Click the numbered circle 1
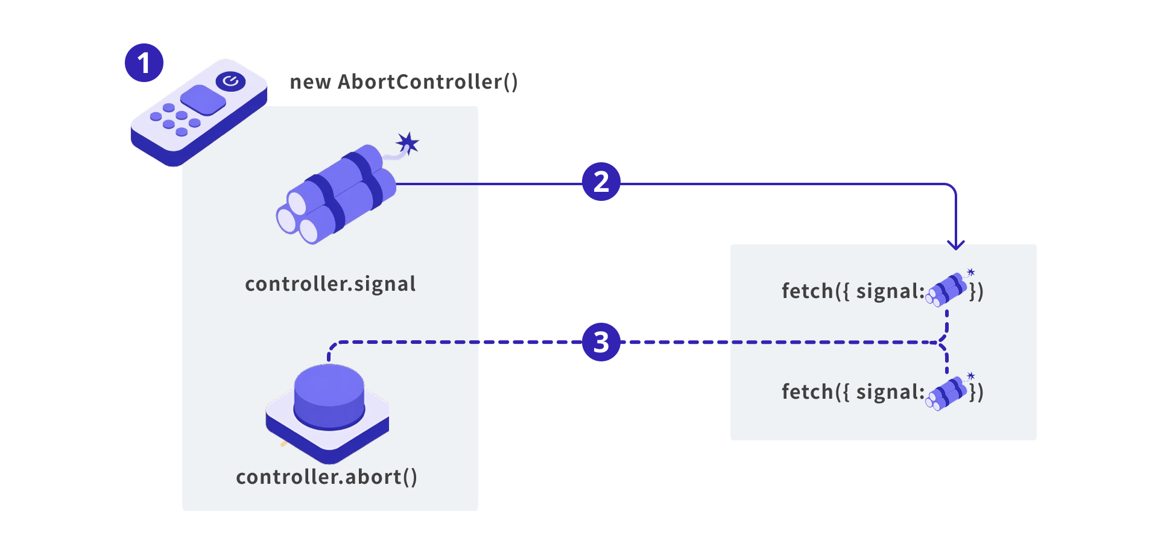tap(144, 63)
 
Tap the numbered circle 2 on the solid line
tap(601, 182)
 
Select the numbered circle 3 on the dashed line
tap(601, 342)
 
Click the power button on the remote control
tap(230, 81)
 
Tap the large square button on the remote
tap(203, 100)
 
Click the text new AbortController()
tap(403, 81)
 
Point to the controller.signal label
tap(330, 284)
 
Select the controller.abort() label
tap(326, 477)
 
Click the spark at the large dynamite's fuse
tap(408, 144)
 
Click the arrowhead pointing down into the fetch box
tap(956, 244)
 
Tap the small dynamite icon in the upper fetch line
tap(948, 290)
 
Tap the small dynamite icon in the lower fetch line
tap(948, 393)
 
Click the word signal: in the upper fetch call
tap(890, 291)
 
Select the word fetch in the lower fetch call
tap(807, 392)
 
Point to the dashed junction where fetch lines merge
tap(942, 342)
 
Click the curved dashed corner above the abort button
tap(332, 346)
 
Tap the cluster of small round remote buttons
tap(175, 119)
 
